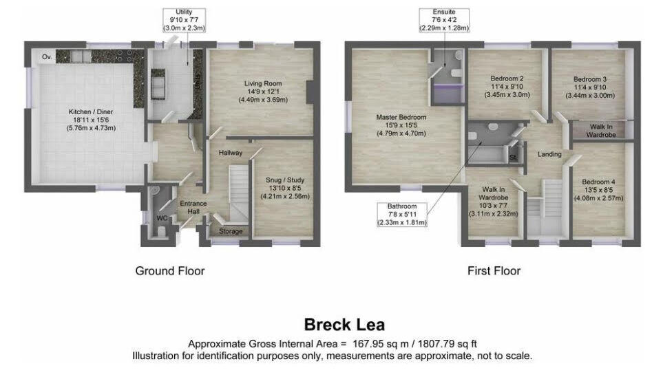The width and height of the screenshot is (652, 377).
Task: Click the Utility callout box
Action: click(184, 21)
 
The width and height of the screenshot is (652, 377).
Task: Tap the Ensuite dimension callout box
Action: click(444, 21)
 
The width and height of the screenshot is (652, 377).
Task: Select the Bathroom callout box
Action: click(402, 215)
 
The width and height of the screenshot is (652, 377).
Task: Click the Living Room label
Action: click(263, 91)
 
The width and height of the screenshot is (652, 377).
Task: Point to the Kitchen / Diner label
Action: click(91, 120)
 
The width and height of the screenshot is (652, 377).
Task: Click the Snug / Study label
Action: click(285, 188)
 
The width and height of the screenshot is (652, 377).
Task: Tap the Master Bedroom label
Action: click(401, 125)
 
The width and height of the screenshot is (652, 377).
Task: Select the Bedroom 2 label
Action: click(507, 87)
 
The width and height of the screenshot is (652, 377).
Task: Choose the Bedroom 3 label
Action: click(590, 87)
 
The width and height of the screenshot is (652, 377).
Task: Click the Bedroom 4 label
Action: click(598, 190)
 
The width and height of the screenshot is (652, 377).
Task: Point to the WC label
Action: click(162, 218)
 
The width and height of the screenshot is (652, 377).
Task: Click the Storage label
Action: click(231, 231)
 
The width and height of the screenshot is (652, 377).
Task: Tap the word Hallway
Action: click(231, 153)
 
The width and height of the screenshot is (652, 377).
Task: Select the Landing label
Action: click(549, 154)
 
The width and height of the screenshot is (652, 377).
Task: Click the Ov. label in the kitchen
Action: click(47, 56)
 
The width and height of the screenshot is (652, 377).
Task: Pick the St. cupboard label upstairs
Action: click(513, 158)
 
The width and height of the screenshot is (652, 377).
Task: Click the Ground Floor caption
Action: click(170, 271)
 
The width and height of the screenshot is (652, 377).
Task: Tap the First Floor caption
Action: click(494, 271)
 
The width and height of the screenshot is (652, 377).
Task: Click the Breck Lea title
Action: click(345, 325)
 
